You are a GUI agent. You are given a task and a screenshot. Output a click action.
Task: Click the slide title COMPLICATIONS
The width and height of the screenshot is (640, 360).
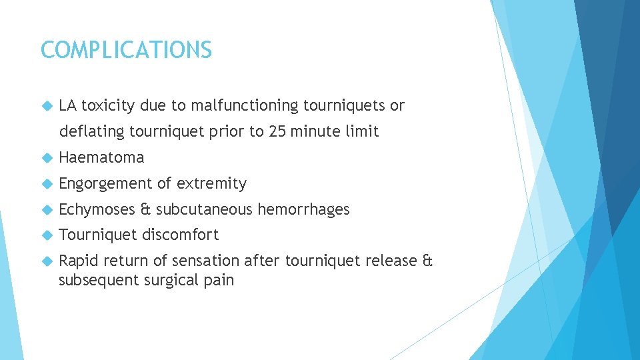(x=126, y=50)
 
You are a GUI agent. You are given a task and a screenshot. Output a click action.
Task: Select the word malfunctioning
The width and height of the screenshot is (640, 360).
(x=245, y=105)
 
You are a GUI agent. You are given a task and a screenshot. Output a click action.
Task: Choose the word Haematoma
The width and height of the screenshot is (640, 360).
(x=101, y=157)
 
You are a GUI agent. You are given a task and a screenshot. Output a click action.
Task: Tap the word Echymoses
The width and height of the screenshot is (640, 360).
(x=97, y=209)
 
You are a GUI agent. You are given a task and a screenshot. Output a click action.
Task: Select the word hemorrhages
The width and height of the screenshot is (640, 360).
(x=303, y=209)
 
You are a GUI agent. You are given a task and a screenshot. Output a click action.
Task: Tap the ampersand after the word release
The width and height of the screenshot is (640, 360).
(x=427, y=261)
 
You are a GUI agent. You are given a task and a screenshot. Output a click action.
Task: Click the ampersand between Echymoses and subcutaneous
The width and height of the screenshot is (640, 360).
(x=145, y=209)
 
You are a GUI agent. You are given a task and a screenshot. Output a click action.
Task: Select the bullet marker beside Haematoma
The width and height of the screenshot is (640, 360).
(x=46, y=158)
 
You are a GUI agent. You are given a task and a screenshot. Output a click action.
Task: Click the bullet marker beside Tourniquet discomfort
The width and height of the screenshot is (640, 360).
(x=46, y=235)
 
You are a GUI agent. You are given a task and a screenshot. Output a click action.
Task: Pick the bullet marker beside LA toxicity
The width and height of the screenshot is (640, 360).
(x=46, y=106)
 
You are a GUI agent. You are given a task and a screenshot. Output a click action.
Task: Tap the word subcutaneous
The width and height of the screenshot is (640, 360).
(x=205, y=209)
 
